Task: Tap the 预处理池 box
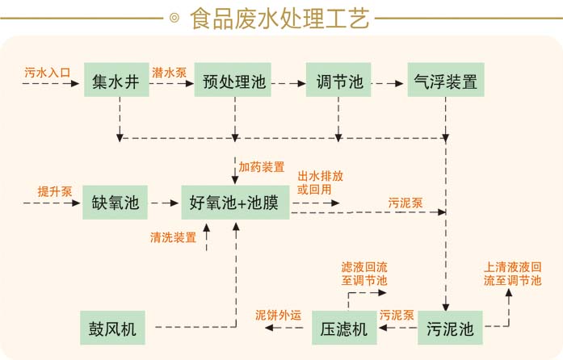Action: [x=234, y=82]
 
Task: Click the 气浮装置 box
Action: [x=445, y=82]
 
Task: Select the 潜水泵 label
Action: [x=170, y=73]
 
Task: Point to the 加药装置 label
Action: [x=261, y=167]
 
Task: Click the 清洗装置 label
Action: [x=173, y=237]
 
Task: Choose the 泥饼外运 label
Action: [x=278, y=315]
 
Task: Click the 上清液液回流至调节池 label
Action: [x=512, y=274]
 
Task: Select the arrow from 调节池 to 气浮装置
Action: [x=388, y=82]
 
